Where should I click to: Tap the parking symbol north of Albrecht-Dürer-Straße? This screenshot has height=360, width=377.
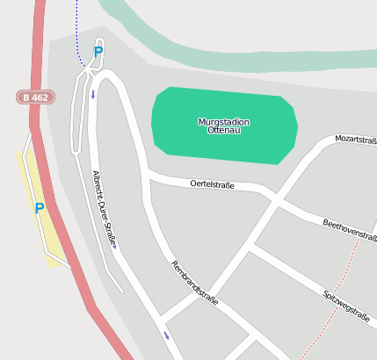98,52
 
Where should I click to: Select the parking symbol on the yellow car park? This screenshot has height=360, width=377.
39,208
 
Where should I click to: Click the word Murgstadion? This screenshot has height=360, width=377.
224,121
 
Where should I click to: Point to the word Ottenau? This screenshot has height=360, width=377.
224,131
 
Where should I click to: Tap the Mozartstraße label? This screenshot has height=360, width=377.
356,140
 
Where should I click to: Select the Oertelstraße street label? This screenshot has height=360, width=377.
213,184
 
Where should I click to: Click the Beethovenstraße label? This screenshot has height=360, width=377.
350,231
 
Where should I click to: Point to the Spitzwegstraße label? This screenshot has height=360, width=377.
345,307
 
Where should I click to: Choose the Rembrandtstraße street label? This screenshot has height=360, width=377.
194,283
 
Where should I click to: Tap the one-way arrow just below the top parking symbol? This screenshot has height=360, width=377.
92,94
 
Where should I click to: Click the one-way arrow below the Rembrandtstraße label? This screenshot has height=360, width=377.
166,335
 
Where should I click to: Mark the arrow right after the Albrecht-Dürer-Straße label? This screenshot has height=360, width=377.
114,248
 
